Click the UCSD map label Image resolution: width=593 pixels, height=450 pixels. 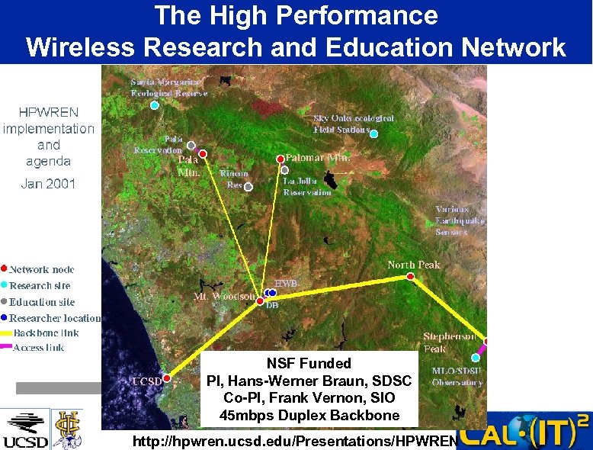(x=146, y=381)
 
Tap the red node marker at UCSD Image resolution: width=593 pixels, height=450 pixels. (x=167, y=378)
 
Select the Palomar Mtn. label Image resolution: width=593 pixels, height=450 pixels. (x=318, y=157)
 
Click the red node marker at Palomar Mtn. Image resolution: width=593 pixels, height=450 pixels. (x=280, y=159)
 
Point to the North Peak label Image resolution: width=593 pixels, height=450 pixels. (x=413, y=265)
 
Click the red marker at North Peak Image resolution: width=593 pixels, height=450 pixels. (x=411, y=278)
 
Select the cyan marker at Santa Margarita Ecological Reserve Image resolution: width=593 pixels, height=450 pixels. (x=155, y=105)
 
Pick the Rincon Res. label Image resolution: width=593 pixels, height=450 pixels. (x=234, y=179)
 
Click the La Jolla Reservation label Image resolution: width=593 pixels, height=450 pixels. (x=307, y=187)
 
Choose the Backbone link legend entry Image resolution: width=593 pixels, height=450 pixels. (x=46, y=333)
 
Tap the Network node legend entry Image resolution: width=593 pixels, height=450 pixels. (x=41, y=269)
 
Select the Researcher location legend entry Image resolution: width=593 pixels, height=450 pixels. (x=54, y=318)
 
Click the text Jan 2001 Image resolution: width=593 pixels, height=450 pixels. (x=48, y=184)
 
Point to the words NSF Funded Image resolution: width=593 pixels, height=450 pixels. (x=309, y=364)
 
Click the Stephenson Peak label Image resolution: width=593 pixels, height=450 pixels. (x=450, y=342)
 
